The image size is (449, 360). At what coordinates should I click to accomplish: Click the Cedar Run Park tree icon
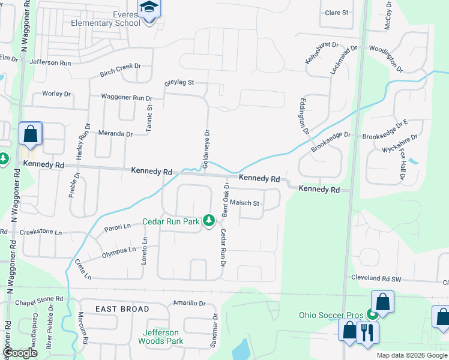coord(209,221)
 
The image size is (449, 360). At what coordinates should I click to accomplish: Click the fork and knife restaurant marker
coord(367,331)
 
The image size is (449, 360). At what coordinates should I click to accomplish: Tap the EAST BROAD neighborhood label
coord(122,309)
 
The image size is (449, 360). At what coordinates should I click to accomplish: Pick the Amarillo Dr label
coord(189,303)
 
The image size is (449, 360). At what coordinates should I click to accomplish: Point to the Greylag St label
coord(179,82)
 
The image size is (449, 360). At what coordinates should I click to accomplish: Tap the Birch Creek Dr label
coord(120,70)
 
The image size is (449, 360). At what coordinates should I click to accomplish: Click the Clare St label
coord(337,13)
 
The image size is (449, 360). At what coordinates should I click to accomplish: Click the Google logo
coord(20,353)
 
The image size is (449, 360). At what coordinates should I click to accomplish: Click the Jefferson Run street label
coord(50,62)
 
